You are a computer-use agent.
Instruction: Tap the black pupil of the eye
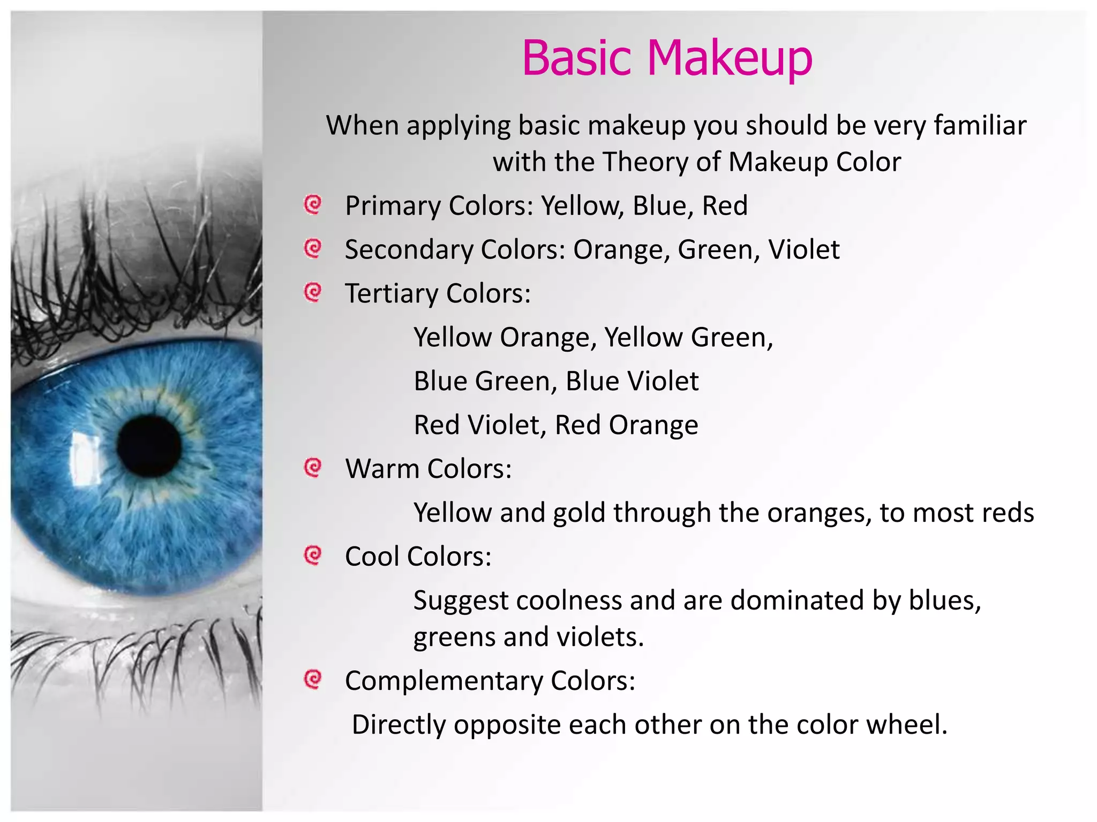point(149,446)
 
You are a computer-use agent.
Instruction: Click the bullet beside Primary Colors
point(312,204)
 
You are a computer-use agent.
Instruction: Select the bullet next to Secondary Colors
point(312,248)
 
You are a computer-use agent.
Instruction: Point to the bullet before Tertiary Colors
point(312,292)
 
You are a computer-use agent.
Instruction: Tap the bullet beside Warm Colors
point(312,468)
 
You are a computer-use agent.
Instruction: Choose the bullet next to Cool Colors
point(312,555)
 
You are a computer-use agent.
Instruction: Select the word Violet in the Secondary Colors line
point(803,249)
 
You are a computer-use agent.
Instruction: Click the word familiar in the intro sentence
point(980,125)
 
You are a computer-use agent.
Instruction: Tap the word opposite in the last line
point(507,726)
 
